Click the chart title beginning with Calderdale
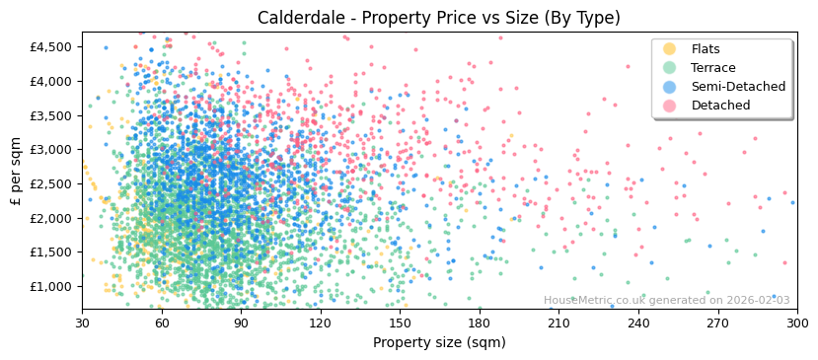point(439,18)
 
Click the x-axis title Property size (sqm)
point(439,342)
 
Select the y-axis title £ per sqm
point(16,172)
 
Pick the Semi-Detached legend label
point(738,87)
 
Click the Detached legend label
point(720,106)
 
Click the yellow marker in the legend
point(670,49)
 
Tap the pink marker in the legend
point(670,106)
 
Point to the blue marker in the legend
point(670,87)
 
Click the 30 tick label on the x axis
point(82,323)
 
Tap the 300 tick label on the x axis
point(797,323)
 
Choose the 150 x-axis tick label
point(400,323)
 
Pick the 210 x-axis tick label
point(558,323)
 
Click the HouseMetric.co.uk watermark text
point(666,301)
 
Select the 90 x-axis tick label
point(241,323)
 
